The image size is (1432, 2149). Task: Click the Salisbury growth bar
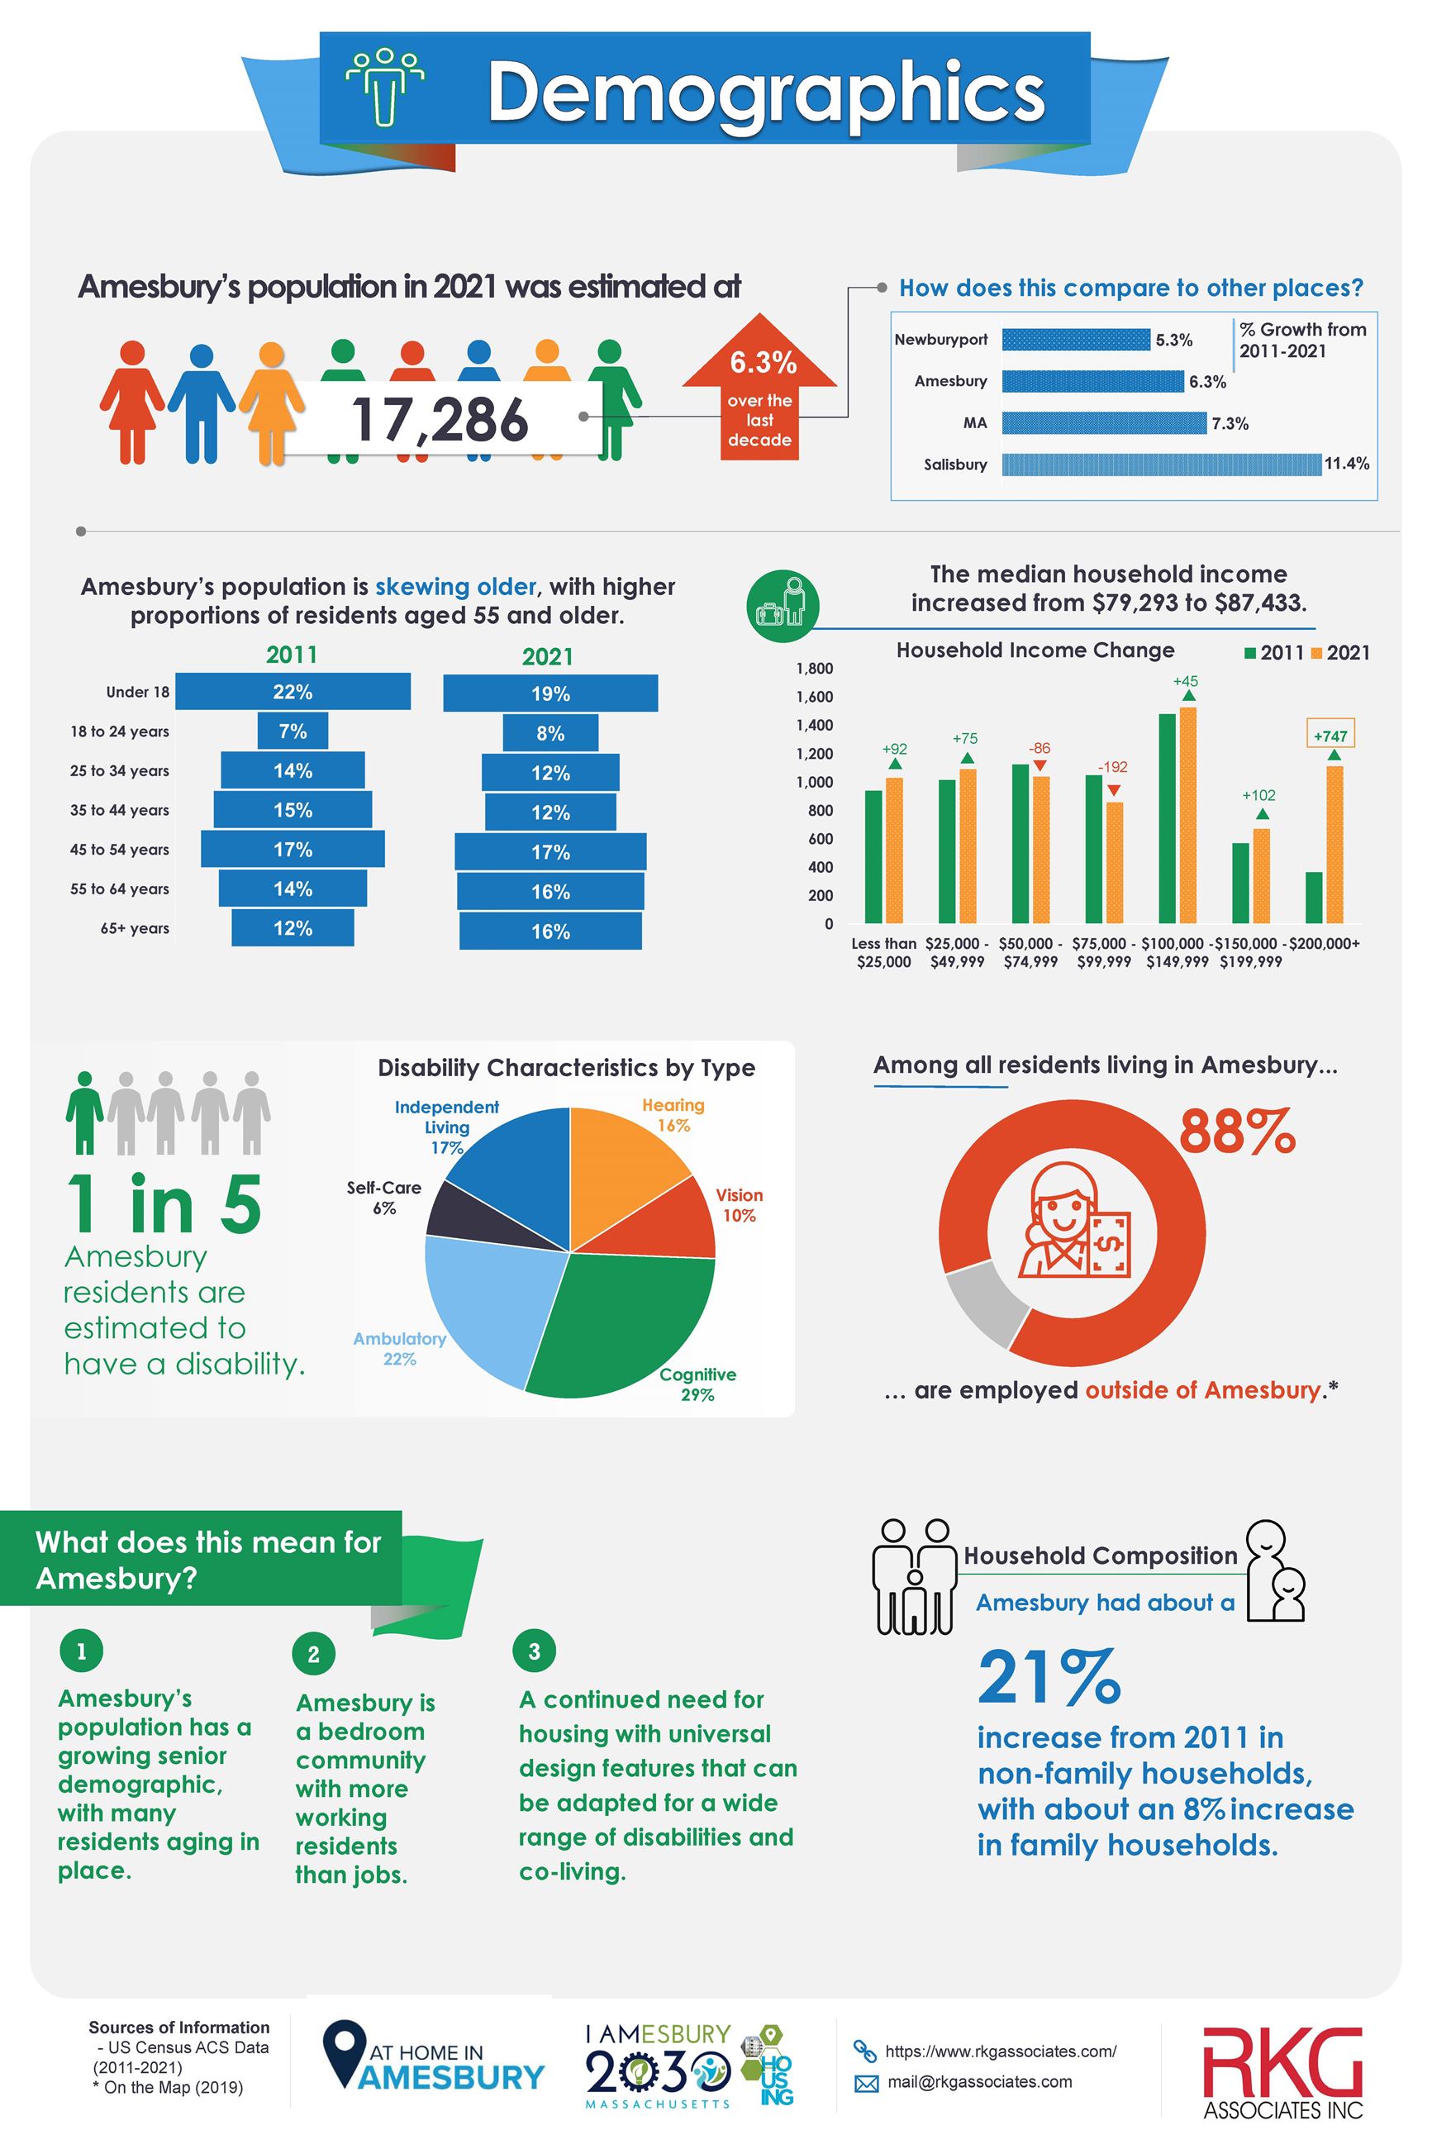(x=1161, y=464)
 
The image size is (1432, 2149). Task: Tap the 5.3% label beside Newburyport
(x=1173, y=340)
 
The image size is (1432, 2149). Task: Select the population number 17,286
(x=440, y=420)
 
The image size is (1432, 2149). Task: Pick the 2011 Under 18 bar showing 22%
(x=293, y=691)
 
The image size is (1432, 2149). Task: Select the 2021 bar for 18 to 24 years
(x=549, y=733)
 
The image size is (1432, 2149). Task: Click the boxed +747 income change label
(x=1330, y=736)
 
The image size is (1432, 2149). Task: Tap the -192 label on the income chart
(x=1112, y=767)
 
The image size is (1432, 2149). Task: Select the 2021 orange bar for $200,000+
(x=1334, y=845)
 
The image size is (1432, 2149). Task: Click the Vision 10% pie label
(x=739, y=1204)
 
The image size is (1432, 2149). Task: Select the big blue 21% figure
(x=1049, y=1677)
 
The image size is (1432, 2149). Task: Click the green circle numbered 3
(x=535, y=1651)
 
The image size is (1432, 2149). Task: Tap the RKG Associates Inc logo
(x=1282, y=2071)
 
